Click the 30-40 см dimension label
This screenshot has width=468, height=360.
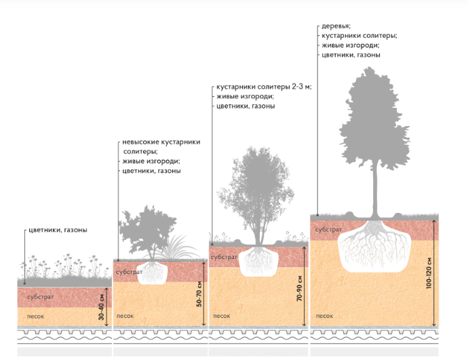102,306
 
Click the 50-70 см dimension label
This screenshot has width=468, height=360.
199,294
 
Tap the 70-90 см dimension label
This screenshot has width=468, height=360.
298,288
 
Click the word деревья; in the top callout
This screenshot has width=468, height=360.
337,26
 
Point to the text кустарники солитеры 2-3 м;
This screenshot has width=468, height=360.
263,88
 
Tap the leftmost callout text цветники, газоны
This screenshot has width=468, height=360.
58,230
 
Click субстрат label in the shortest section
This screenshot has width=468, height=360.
41,297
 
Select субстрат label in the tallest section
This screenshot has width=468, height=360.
328,230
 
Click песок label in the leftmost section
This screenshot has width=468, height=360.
36,316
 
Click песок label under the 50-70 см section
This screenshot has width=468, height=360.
125,316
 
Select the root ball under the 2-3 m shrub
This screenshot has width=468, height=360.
258,260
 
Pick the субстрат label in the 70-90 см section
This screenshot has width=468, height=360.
224,258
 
